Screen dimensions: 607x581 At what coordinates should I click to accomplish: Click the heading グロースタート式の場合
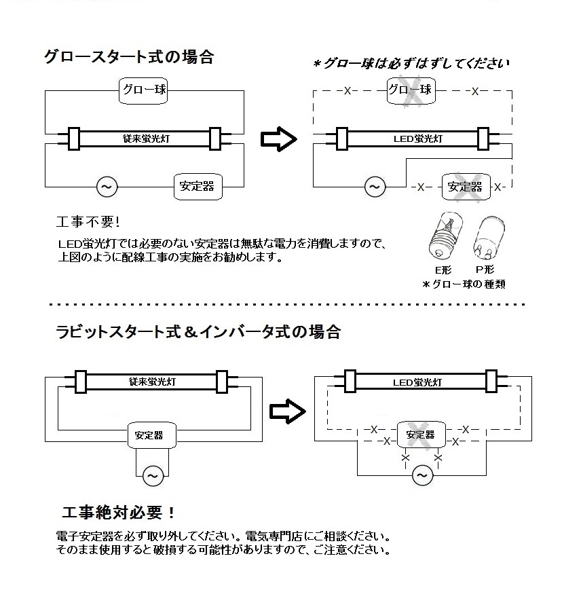(x=129, y=57)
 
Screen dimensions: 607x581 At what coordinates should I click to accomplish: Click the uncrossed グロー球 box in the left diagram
(x=143, y=90)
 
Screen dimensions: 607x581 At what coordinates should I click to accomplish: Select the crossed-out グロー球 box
(x=409, y=90)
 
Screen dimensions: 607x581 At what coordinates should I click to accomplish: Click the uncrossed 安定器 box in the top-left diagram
(x=198, y=185)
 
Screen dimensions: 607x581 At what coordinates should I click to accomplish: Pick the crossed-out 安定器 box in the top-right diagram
(x=465, y=186)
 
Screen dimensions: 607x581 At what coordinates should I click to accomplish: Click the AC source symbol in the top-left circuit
(x=107, y=185)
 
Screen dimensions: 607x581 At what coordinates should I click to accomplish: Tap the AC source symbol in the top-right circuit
(x=374, y=185)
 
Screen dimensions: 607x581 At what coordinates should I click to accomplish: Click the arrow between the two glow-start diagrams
(x=278, y=139)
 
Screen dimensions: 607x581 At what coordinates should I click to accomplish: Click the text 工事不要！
(x=88, y=222)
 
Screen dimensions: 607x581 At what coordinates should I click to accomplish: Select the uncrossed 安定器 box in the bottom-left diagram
(x=149, y=435)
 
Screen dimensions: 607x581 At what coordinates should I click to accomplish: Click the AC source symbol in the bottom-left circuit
(x=151, y=475)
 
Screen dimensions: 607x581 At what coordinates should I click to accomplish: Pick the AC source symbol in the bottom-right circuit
(x=422, y=475)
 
